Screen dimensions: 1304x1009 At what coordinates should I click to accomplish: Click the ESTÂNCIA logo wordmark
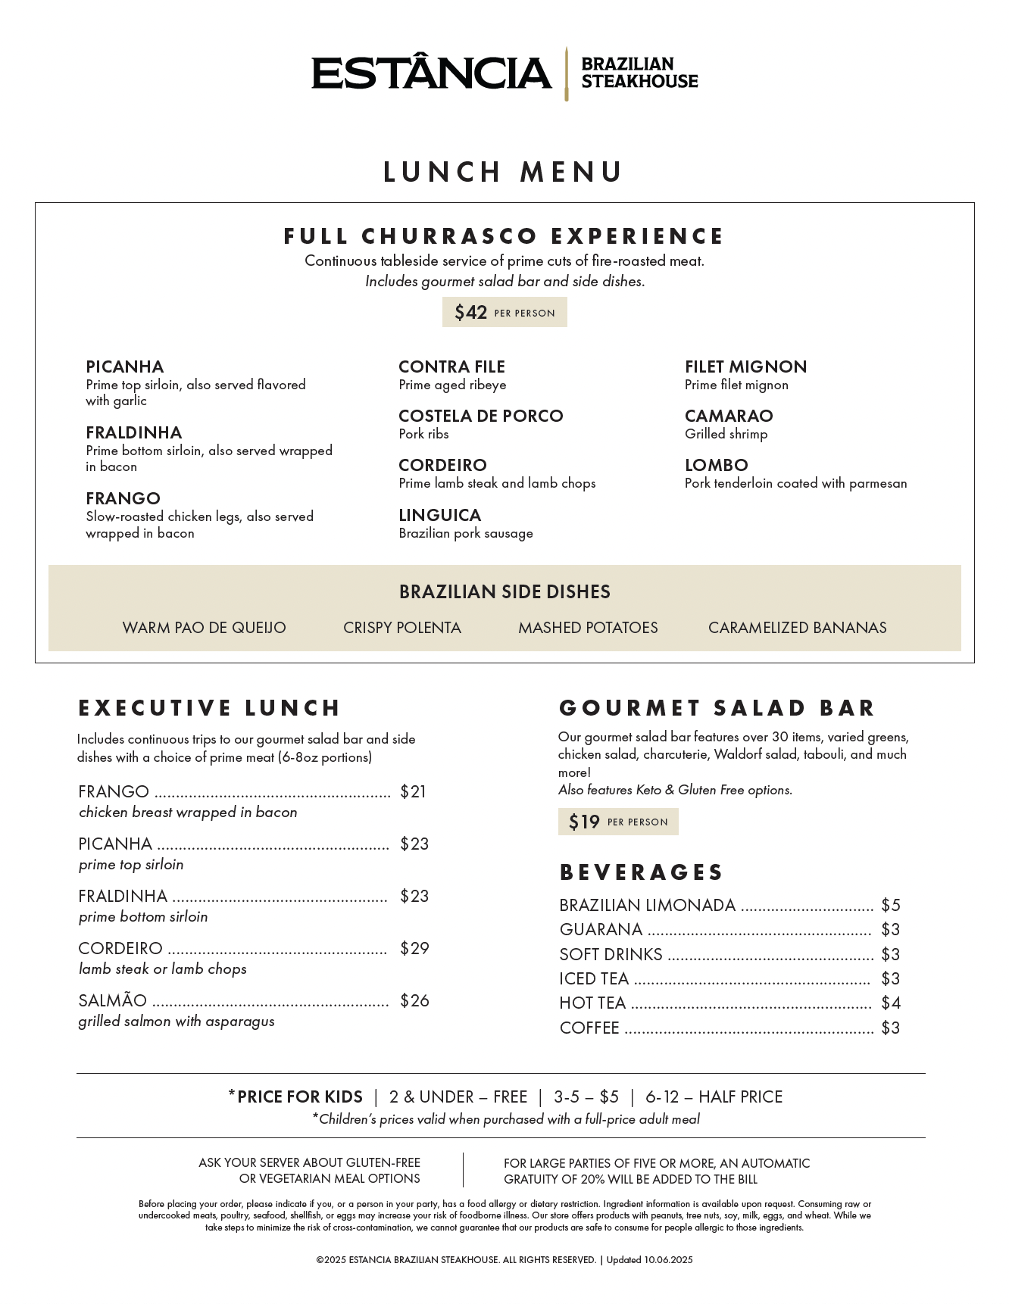tap(431, 73)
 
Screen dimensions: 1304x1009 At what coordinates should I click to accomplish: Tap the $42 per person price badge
tap(504, 312)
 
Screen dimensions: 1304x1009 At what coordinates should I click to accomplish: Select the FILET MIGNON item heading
tap(745, 367)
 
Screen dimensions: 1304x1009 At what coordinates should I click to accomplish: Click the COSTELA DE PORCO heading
tap(480, 416)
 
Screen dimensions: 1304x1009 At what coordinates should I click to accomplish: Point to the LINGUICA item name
tap(439, 515)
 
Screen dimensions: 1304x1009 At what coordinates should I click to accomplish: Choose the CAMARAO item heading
tap(728, 416)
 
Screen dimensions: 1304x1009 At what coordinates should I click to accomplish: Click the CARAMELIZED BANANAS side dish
tap(797, 628)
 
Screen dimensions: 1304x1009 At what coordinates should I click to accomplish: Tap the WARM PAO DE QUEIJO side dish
tap(204, 628)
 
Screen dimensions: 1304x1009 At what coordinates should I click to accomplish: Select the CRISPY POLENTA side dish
tap(401, 628)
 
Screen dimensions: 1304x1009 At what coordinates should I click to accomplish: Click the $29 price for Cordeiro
tap(414, 948)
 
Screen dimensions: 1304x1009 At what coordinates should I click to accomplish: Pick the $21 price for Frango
tap(413, 791)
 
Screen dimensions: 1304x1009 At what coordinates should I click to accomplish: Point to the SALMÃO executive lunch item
tap(112, 1000)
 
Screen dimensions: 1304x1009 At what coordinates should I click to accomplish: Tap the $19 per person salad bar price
tap(617, 822)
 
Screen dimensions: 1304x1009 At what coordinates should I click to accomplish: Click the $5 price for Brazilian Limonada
tap(890, 905)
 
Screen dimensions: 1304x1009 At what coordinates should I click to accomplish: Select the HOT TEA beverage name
tap(592, 1003)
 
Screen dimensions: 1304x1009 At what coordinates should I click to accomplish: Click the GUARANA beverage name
tap(600, 929)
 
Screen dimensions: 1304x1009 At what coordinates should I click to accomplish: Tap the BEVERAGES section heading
tap(641, 872)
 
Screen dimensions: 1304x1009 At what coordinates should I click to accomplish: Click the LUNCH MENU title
tap(503, 172)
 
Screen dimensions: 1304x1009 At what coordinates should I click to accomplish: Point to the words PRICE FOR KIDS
tap(299, 1097)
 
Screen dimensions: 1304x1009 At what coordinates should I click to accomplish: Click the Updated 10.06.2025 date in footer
tap(649, 1260)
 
